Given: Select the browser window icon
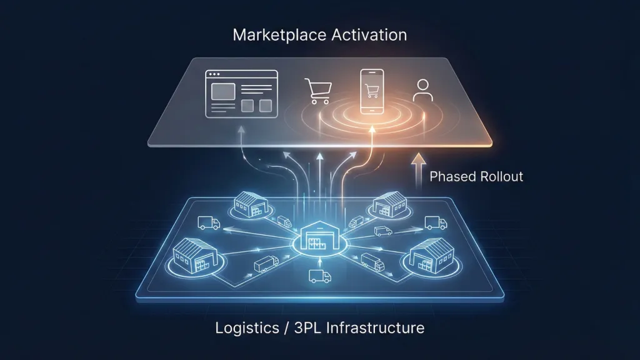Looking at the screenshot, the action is (241, 94).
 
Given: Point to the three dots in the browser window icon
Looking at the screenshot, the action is (215, 74).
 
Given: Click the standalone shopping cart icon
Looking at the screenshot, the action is (318, 91).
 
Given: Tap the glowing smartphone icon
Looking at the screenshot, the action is (372, 91).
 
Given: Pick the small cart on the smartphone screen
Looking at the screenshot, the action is (372, 91).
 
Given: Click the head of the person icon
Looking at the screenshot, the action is (423, 84).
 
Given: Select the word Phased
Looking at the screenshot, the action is (452, 176).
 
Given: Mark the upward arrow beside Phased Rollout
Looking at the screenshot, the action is (418, 171).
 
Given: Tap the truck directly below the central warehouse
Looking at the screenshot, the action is (319, 276).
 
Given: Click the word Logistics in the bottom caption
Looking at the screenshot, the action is (247, 328).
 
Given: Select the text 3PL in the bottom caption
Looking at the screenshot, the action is (308, 327).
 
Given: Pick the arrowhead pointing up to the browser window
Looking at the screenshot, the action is (241, 129).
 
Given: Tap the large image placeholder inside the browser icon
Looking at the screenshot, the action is (223, 91).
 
